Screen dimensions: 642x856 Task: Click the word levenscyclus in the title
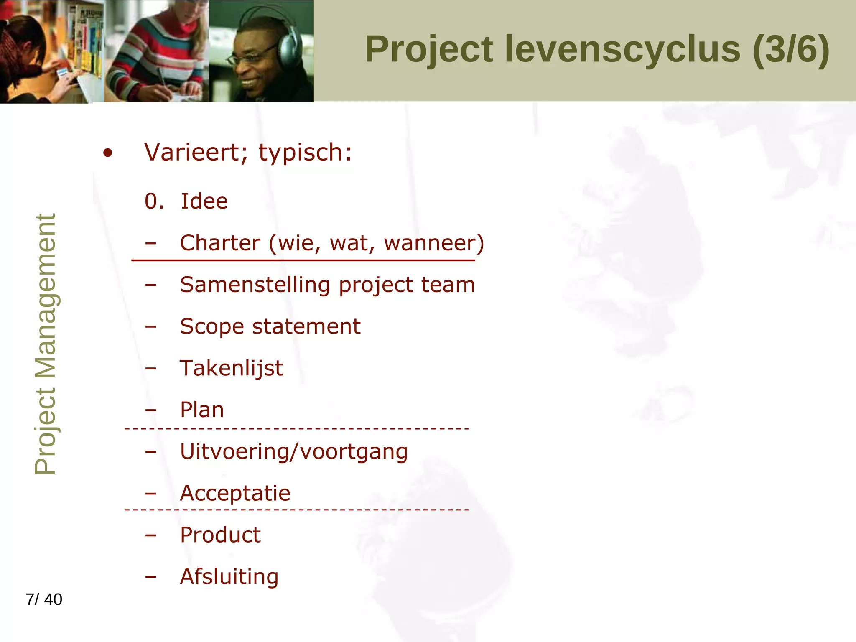pos(622,49)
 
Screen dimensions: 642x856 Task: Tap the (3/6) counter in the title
pos(791,49)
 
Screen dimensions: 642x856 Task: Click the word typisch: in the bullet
pos(305,153)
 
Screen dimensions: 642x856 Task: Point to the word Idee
pos(204,201)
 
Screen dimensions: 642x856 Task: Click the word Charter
pos(220,243)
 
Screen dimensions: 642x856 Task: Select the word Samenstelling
pos(255,285)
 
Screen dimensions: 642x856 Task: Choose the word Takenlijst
pos(231,369)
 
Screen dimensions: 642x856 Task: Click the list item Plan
pos(202,410)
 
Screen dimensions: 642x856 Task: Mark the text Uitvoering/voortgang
pos(293,452)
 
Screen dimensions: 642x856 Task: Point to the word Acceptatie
pos(235,494)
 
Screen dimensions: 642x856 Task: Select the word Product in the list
pos(220,535)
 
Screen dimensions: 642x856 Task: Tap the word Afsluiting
pos(229,577)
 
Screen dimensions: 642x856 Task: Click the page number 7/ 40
pos(44,599)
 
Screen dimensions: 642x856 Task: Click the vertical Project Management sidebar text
pos(45,344)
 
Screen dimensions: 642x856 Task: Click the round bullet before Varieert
pos(108,153)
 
